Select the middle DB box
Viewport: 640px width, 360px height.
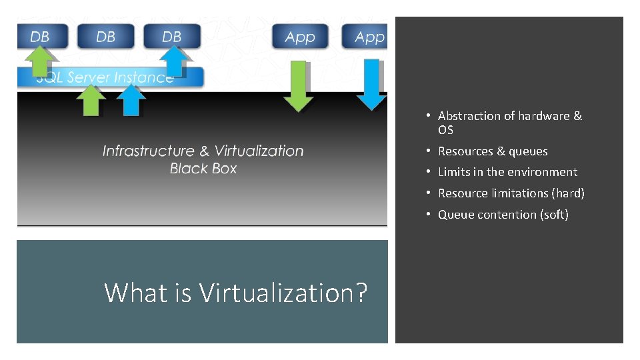pyautogui.click(x=106, y=36)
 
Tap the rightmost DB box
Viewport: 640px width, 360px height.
pyautogui.click(x=172, y=36)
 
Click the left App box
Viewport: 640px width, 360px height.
pyautogui.click(x=300, y=37)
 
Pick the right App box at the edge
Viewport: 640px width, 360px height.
pyautogui.click(x=366, y=37)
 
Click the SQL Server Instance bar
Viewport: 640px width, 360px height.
pyautogui.click(x=110, y=77)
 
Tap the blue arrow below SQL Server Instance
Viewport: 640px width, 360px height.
pyautogui.click(x=131, y=101)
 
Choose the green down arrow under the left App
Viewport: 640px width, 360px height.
pyautogui.click(x=298, y=87)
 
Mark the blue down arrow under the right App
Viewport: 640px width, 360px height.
pyautogui.click(x=370, y=85)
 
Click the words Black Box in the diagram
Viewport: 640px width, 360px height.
pyautogui.click(x=203, y=169)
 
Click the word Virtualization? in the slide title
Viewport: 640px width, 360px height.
pyautogui.click(x=283, y=293)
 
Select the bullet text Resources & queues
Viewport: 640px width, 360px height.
pyautogui.click(x=493, y=151)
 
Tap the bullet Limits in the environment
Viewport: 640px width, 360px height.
pyautogui.click(x=507, y=172)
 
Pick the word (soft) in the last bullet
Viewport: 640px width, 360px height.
pyautogui.click(x=554, y=215)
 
